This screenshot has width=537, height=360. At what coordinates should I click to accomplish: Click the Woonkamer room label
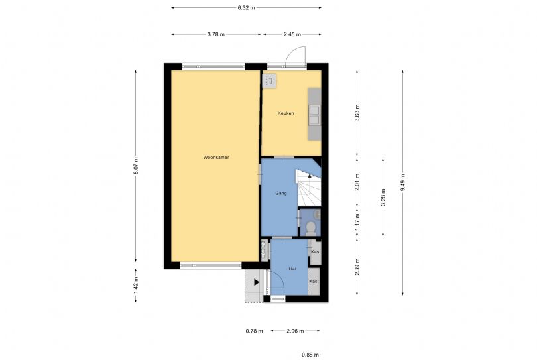tap(216, 158)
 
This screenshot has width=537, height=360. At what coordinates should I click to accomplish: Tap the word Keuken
tap(285, 113)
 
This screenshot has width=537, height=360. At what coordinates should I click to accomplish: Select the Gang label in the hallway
tap(280, 193)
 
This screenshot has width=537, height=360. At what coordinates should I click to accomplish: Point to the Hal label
tap(292, 269)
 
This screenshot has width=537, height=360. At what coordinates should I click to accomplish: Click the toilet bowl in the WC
tap(311, 228)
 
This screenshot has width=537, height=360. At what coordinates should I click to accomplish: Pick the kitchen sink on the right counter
tap(314, 115)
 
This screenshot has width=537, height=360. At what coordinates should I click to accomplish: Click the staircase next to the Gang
tap(308, 189)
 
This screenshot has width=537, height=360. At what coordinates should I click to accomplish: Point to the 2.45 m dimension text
tap(292, 34)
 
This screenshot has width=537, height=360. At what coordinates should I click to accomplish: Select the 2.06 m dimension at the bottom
tap(296, 331)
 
